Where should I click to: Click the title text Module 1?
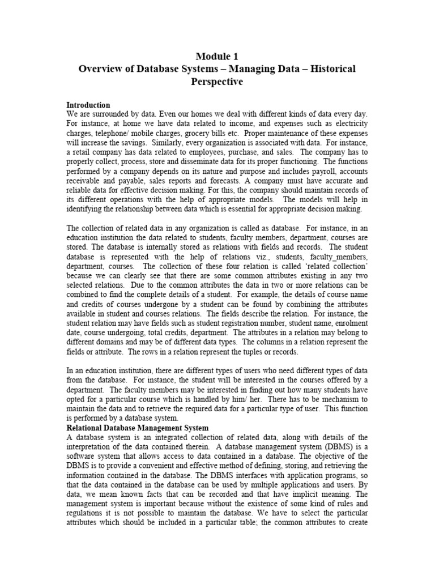217,56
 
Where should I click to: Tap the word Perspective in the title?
217,82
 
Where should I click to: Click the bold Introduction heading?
88,105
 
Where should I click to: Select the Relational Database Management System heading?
138,428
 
